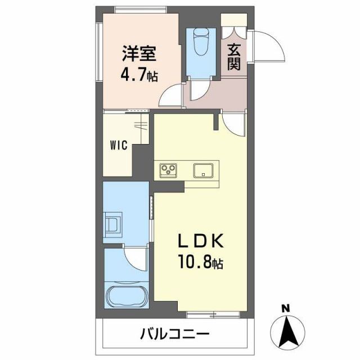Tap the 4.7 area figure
click(136, 75)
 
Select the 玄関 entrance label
click(235, 57)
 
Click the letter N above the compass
click(285, 308)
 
